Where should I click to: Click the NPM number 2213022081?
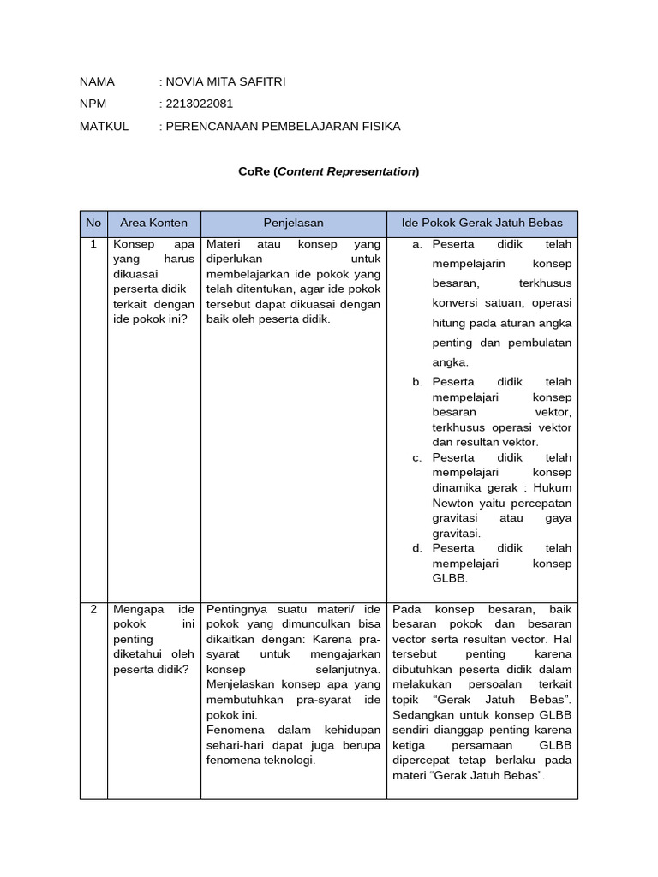200,104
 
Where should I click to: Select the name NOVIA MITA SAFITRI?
226,81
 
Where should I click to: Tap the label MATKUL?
104,126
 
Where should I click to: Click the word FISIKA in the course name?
381,126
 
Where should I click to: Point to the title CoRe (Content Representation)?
329,171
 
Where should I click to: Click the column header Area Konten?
153,223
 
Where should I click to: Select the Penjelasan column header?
293,223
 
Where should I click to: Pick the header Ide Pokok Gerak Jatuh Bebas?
482,223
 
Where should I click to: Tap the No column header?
93,223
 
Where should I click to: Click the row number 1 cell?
93,244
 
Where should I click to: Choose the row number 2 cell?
93,609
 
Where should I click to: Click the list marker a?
417,244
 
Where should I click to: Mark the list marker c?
417,457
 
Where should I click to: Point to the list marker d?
417,547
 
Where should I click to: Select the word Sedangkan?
422,714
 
